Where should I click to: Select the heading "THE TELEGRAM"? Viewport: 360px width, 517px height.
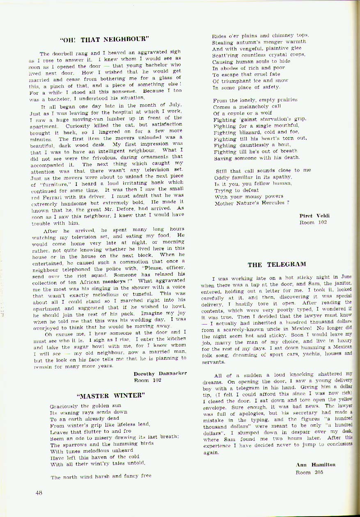point(277,264)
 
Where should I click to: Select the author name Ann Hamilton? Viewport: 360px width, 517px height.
point(315,464)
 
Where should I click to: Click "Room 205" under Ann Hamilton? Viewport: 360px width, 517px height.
point(310,472)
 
